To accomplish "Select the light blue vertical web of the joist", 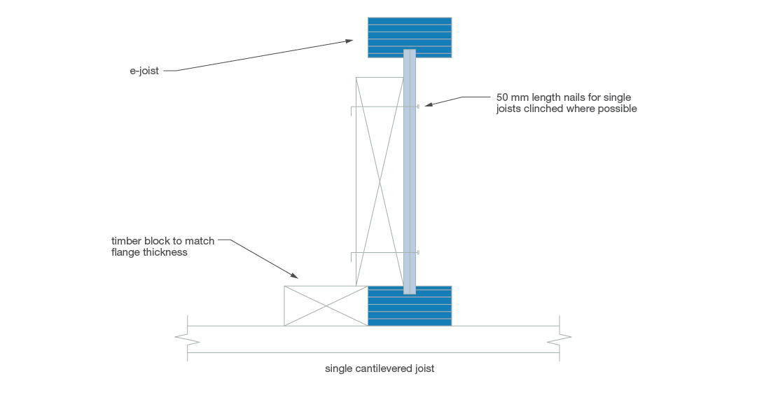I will pyautogui.click(x=410, y=172).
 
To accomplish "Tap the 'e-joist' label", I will pyautogui.click(x=144, y=71).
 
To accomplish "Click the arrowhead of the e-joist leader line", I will pyautogui.click(x=349, y=41).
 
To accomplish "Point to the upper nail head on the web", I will pyautogui.click(x=418, y=106).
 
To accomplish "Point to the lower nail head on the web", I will pyautogui.click(x=418, y=252).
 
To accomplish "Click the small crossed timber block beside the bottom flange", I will pyautogui.click(x=326, y=305).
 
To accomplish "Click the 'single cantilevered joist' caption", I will pyautogui.click(x=380, y=368).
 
